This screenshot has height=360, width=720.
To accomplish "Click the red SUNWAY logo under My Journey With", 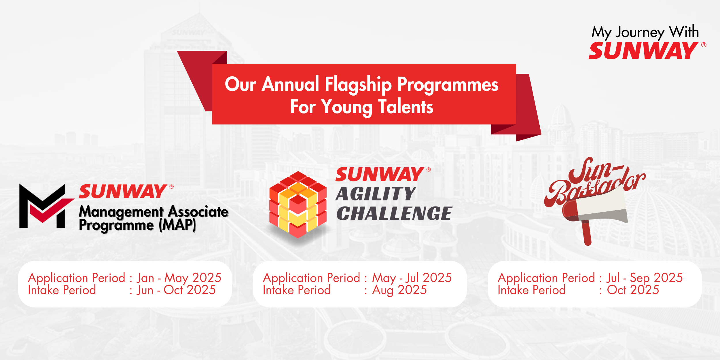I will coord(643,51).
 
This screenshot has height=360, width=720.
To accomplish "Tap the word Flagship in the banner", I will coord(358,84).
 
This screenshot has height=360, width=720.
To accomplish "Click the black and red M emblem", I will coord(45,206).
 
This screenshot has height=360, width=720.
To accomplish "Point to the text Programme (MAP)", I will coord(137,225).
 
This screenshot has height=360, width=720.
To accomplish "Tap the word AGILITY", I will coord(376,194).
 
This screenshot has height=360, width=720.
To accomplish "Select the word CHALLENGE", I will coord(394,213).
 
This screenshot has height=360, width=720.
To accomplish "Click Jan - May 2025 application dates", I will coord(179,278).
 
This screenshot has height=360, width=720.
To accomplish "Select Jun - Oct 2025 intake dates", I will coord(176,290).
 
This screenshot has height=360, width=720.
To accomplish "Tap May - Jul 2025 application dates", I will coord(412,278).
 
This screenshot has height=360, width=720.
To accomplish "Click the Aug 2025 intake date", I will coord(399,290).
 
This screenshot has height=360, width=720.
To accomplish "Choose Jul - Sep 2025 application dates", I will coord(645,278).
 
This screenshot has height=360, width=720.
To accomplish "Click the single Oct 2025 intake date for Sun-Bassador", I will coord(633,290).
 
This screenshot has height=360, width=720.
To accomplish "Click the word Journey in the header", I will coord(640,33).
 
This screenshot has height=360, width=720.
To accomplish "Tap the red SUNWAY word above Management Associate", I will coord(122,192).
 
